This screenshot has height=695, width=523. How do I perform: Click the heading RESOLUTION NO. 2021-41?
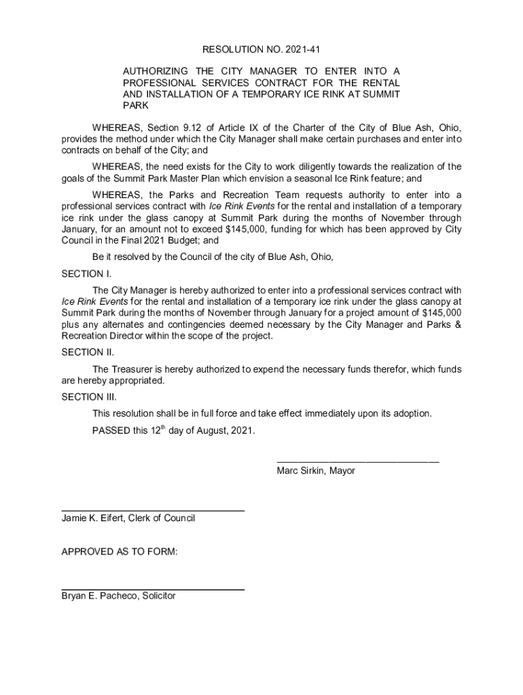(x=261, y=50)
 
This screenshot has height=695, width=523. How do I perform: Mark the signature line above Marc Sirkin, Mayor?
(x=357, y=462)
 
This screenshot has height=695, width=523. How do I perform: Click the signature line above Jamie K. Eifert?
(x=153, y=510)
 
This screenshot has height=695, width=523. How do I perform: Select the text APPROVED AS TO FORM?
(x=120, y=552)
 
